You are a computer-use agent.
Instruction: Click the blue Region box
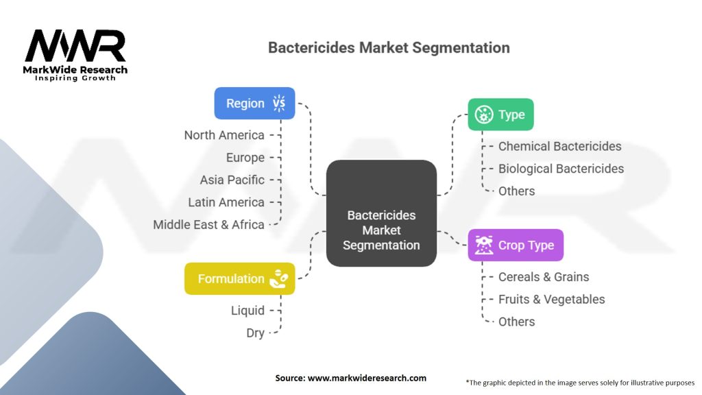click(x=254, y=104)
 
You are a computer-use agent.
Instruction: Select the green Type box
click(x=500, y=115)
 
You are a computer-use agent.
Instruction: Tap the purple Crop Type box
click(x=516, y=245)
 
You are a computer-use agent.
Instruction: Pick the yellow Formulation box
click(x=239, y=278)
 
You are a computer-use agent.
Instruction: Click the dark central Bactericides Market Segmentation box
click(x=381, y=213)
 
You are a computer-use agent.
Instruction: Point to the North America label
click(x=224, y=135)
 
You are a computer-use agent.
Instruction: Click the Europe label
click(x=245, y=158)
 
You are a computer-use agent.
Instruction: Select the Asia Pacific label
click(x=232, y=180)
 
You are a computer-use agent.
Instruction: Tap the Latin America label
click(x=226, y=202)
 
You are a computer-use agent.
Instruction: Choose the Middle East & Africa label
click(x=208, y=224)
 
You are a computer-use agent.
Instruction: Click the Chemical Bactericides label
click(x=559, y=146)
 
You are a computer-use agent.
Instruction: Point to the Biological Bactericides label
click(x=561, y=169)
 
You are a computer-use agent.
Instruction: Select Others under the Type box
click(x=516, y=191)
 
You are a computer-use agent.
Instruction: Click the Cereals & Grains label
click(x=544, y=277)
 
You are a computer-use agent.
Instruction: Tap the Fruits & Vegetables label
click(x=551, y=299)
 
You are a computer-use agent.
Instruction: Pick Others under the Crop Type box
click(x=516, y=322)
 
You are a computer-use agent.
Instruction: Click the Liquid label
click(x=247, y=311)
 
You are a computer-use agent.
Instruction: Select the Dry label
click(x=255, y=333)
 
